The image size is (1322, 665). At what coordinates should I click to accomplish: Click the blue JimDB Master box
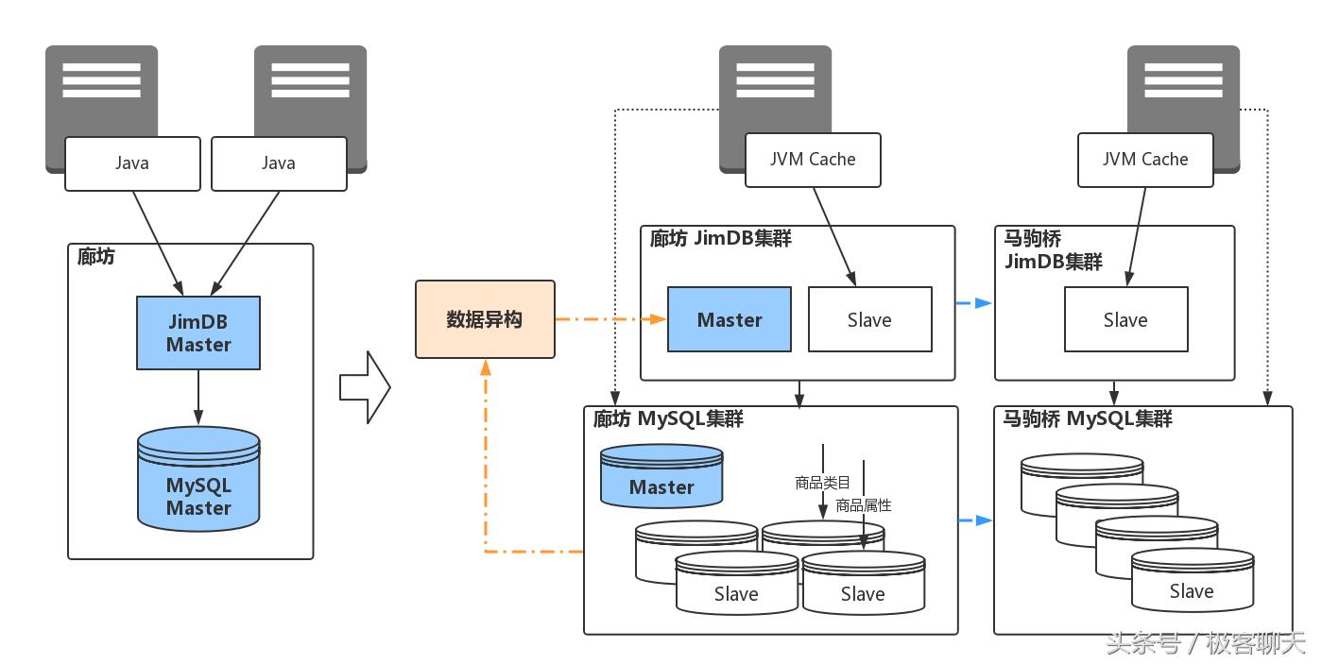[x=198, y=333]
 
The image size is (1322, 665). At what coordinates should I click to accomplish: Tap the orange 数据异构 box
[x=485, y=319]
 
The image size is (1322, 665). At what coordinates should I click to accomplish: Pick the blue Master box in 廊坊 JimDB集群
[x=730, y=320]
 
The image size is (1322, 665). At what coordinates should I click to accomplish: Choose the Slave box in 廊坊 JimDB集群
[x=869, y=320]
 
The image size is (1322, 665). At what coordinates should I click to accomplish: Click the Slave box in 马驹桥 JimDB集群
[x=1125, y=320]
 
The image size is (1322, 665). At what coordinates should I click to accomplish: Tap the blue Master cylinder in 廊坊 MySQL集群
[x=661, y=478]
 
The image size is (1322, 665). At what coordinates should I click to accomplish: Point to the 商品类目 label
[x=822, y=483]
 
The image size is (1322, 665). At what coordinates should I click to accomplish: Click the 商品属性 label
[x=863, y=505]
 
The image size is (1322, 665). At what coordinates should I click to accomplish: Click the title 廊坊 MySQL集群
[x=668, y=418]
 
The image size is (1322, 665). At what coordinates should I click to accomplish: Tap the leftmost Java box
[x=132, y=163]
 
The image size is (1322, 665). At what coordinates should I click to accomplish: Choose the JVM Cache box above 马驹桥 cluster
[x=1145, y=160]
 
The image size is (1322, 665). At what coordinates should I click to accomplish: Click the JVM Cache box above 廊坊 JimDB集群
[x=813, y=160]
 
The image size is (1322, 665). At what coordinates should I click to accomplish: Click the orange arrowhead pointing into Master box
[x=659, y=319]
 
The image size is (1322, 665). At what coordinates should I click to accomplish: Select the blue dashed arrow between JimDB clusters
[x=974, y=303]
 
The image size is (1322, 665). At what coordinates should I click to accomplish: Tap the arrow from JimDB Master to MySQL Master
[x=198, y=397]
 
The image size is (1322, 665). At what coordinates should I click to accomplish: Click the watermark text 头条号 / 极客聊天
[x=1205, y=644]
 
